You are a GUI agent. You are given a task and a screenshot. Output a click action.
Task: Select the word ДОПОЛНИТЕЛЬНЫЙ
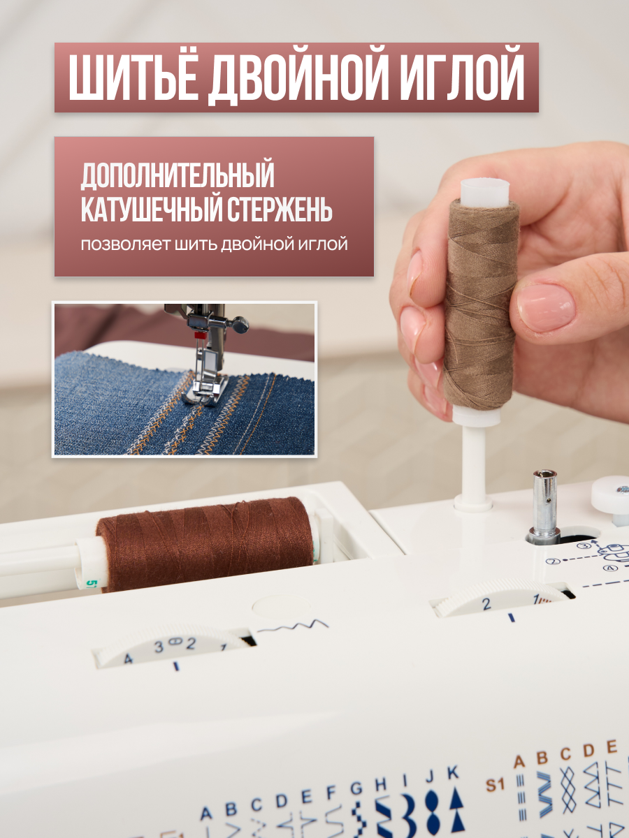[178, 175]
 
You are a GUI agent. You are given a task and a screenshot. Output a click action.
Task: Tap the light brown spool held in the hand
[482, 304]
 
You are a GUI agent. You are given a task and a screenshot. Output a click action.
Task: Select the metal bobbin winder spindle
[544, 505]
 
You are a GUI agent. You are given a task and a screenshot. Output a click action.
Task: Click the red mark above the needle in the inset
[198, 336]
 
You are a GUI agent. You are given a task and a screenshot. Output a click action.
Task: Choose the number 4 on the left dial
[128, 659]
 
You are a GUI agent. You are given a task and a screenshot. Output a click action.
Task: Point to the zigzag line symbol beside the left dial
[293, 626]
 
